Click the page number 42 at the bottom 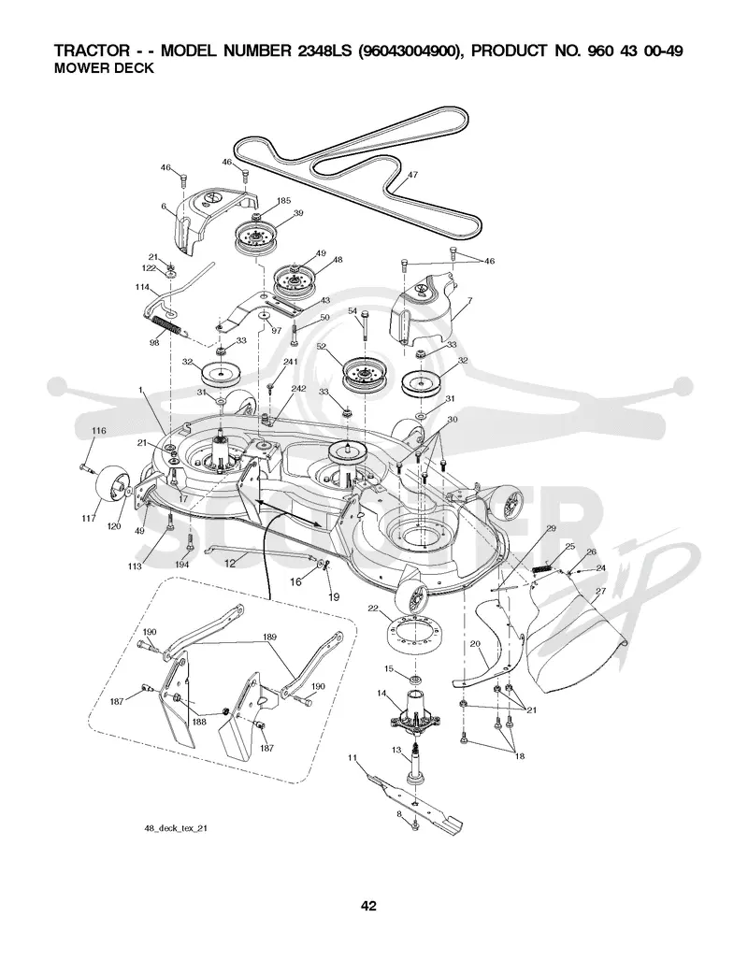[x=368, y=906]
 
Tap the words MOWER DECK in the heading [x=104, y=68]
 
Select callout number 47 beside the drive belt [x=412, y=175]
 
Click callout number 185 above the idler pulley [x=283, y=200]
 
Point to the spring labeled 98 [x=167, y=324]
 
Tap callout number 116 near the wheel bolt [x=98, y=431]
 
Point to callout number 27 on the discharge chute [x=600, y=591]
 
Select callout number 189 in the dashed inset [x=269, y=637]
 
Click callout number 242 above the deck [x=298, y=389]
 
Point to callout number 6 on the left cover [x=164, y=207]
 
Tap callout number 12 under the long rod [x=230, y=564]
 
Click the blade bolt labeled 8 [x=415, y=825]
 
